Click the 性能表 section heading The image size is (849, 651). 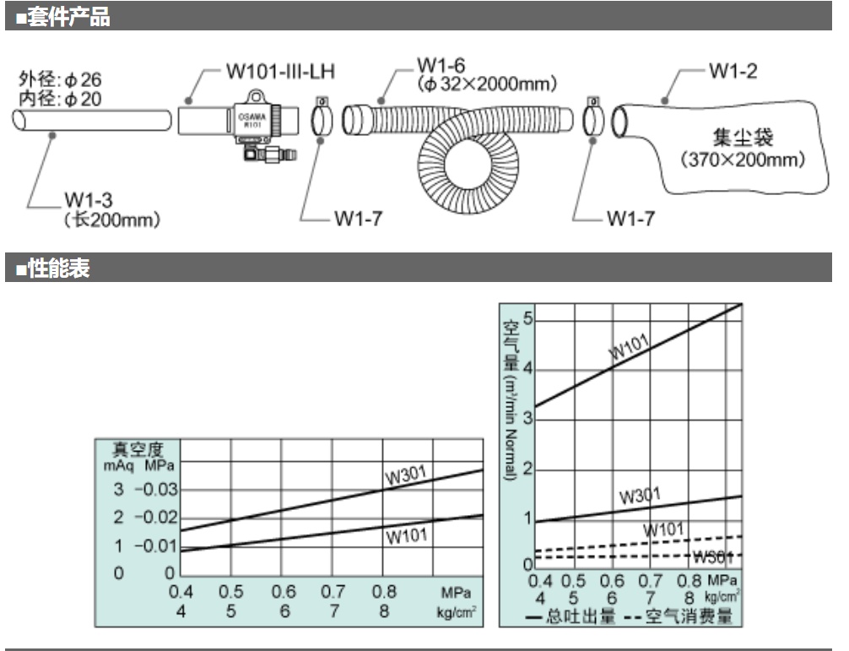click(x=58, y=270)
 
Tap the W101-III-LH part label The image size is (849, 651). click(x=280, y=71)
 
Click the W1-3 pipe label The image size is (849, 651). click(x=87, y=202)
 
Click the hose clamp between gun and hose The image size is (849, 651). click(x=322, y=119)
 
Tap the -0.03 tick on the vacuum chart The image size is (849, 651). click(x=156, y=491)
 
